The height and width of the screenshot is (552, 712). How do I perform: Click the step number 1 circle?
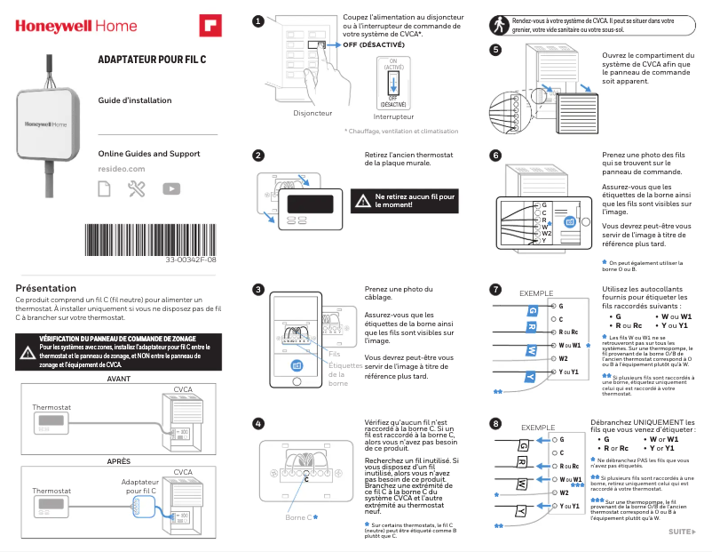(257, 20)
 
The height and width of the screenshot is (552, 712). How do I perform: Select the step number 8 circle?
(495, 422)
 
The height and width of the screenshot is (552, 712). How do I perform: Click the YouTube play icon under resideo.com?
(171, 188)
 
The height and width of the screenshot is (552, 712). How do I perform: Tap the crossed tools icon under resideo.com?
(137, 188)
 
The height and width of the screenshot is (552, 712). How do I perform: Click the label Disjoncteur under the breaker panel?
(312, 114)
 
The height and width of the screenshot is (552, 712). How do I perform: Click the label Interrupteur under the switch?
(393, 117)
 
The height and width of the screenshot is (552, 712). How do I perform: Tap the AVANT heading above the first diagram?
(119, 379)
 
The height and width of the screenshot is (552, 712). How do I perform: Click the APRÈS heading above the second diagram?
(119, 461)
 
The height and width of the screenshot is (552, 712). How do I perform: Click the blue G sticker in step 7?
(532, 309)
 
